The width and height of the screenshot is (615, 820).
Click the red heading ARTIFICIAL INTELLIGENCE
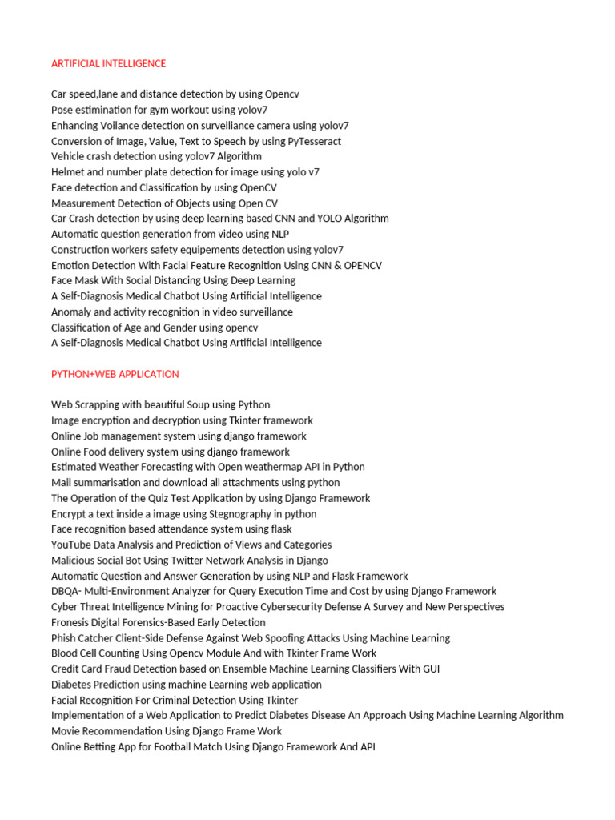pyautogui.click(x=108, y=63)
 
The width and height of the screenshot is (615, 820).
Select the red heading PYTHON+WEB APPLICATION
pyautogui.click(x=115, y=374)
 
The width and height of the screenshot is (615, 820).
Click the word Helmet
pyautogui.click(x=68, y=172)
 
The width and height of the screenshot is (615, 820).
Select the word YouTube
pyautogui.click(x=71, y=545)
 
